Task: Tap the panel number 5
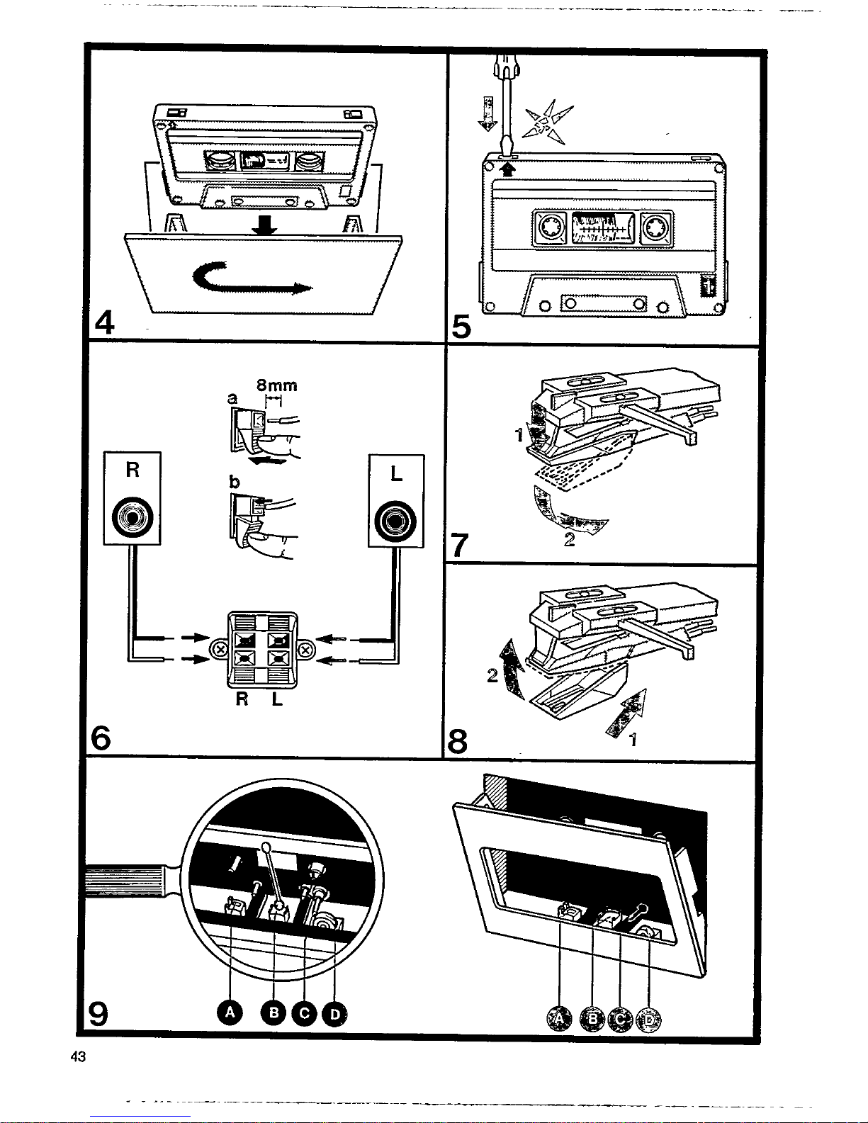click(x=461, y=327)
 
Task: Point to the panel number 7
click(x=460, y=546)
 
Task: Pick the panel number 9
click(x=98, y=1015)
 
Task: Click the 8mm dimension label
click(x=276, y=385)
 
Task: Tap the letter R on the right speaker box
click(x=132, y=470)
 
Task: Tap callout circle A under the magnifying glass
click(x=230, y=1014)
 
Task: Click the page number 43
click(x=78, y=1056)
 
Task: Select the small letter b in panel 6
click(x=235, y=482)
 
